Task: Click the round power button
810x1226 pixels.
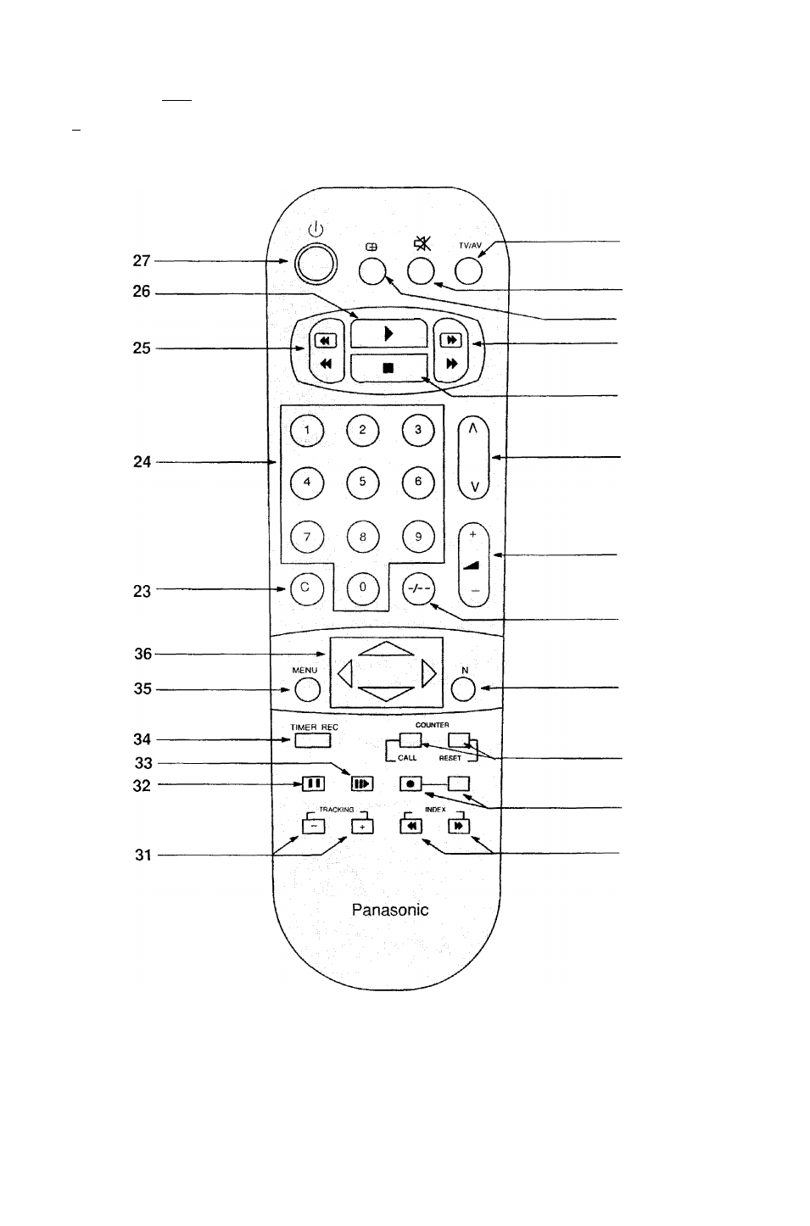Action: tap(316, 264)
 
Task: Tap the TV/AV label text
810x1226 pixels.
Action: tap(470, 245)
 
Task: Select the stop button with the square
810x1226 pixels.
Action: tap(388, 368)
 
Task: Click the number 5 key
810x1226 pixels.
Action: tap(362, 482)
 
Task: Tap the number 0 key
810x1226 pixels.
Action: tap(362, 588)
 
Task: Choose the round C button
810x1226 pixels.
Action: tap(307, 588)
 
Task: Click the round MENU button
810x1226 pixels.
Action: tap(307, 689)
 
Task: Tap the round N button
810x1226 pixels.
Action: tap(463, 688)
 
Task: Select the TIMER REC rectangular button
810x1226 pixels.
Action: tap(313, 740)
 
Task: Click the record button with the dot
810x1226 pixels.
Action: tap(411, 783)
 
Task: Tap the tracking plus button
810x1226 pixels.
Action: tap(362, 827)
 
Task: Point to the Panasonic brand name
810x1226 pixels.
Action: tap(390, 910)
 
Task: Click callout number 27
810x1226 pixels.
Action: tap(142, 260)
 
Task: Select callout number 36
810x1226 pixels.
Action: tap(143, 654)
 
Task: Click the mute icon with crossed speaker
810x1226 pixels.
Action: tap(422, 243)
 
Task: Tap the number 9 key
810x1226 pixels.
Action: tap(418, 537)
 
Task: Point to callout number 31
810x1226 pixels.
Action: tap(143, 855)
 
